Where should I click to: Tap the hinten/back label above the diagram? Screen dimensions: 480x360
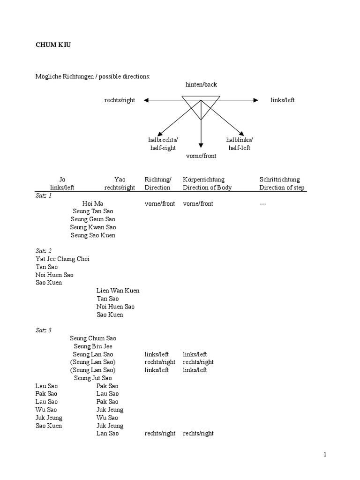(x=201, y=85)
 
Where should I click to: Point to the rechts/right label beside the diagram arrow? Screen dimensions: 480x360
(x=120, y=100)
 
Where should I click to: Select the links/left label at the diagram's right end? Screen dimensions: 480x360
(x=283, y=100)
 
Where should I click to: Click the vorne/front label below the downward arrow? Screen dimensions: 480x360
(x=201, y=156)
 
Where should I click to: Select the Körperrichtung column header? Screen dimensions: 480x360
(x=203, y=180)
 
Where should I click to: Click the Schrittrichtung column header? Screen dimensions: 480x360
(x=280, y=180)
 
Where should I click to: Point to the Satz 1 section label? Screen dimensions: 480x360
(x=44, y=195)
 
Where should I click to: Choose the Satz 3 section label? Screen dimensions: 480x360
(x=44, y=330)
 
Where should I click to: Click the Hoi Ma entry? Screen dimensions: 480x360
(x=93, y=203)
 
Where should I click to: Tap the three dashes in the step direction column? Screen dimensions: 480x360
(x=263, y=203)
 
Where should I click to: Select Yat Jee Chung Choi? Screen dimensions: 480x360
(x=62, y=259)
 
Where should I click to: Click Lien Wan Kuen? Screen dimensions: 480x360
(x=118, y=291)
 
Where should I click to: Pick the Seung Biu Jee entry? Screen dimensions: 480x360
(x=93, y=346)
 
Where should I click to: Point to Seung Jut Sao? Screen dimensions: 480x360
(x=93, y=378)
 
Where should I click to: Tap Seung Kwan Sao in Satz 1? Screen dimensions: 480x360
(x=93, y=227)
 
